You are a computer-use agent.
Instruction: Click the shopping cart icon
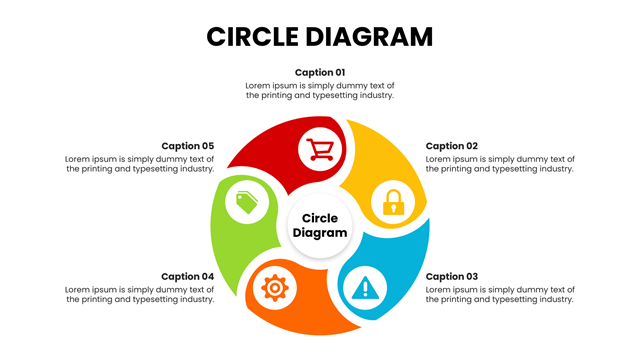(320, 149)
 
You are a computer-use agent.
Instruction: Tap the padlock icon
(393, 202)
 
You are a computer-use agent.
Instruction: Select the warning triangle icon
(365, 288)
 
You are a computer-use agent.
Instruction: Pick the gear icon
(275, 288)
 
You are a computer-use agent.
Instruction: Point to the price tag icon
(247, 202)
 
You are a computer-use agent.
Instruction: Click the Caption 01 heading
(320, 73)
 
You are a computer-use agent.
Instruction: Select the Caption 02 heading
(451, 146)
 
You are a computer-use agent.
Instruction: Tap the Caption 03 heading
(451, 277)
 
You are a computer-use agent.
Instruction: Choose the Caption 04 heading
(187, 277)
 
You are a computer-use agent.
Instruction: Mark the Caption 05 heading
(187, 146)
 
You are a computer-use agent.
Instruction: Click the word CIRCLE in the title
(253, 37)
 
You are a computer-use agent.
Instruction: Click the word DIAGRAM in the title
(369, 37)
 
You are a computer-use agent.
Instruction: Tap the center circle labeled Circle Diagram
(320, 225)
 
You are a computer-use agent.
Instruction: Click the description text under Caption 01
(320, 90)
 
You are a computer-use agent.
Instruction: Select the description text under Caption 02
(500, 164)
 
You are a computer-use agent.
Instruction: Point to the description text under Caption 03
(500, 294)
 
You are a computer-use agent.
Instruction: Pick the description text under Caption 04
(140, 294)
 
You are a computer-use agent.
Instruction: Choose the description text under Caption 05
(140, 164)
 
